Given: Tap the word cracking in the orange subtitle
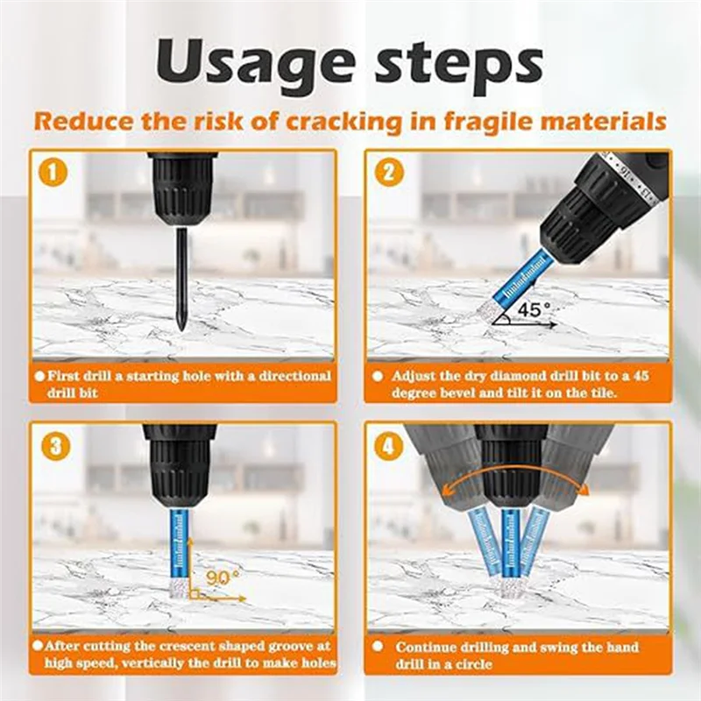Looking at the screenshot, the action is click(343, 122).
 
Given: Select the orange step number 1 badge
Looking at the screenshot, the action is click(53, 173).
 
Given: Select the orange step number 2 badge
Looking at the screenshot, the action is click(389, 173).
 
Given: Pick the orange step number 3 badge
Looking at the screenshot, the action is click(54, 445).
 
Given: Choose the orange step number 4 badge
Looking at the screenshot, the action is click(388, 445).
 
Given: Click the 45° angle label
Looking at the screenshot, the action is click(535, 309).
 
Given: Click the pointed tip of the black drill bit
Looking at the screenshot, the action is click(181, 330).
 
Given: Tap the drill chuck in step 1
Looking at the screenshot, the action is click(182, 191).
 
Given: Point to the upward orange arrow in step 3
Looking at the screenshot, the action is click(189, 568).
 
